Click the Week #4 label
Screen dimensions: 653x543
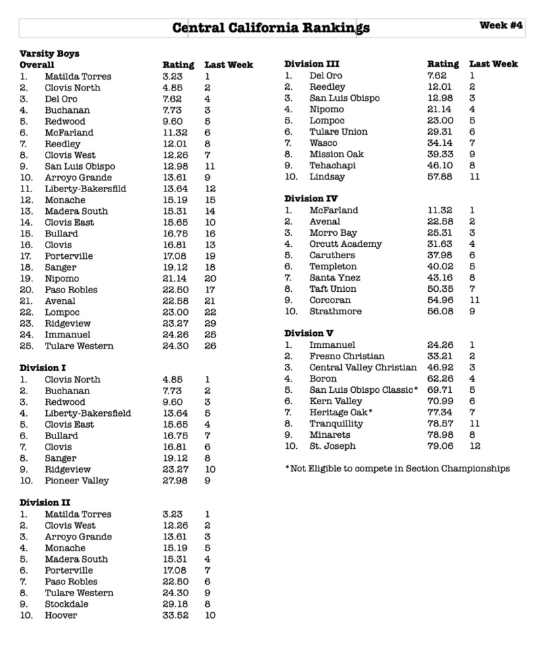[x=501, y=26]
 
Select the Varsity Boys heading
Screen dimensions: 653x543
[x=49, y=53]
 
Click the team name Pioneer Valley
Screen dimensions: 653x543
[x=77, y=481]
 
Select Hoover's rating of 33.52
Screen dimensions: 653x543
[x=176, y=615]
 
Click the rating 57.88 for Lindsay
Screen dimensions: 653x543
[x=440, y=176]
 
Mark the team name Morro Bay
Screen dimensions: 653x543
[x=333, y=232]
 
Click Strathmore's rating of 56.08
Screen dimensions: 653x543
[x=440, y=311]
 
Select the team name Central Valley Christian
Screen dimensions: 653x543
[x=363, y=367]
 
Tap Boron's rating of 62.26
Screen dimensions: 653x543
[x=440, y=378]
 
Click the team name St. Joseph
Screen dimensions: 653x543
[x=333, y=446]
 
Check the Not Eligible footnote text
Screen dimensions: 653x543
[x=397, y=468]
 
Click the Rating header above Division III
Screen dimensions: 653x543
[x=443, y=64]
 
